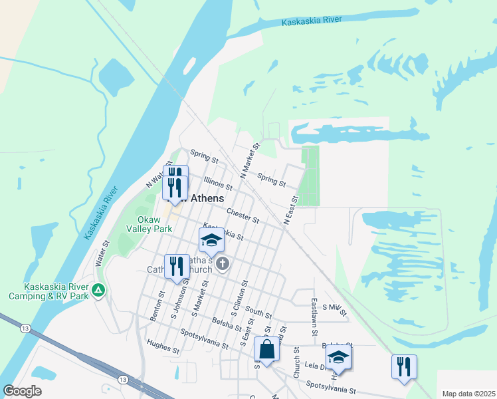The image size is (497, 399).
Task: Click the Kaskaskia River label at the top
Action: click(312, 21)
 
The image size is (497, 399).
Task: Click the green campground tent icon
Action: click(98, 289)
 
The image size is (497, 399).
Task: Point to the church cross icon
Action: click(222, 265)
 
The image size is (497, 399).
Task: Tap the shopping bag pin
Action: click(266, 349)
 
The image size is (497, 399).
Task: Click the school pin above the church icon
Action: click(211, 241)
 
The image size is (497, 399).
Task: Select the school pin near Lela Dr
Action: click(338, 357)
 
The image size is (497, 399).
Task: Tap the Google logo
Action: click(23, 391)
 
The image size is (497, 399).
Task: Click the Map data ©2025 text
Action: click(468, 394)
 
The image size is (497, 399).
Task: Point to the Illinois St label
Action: click(218, 182)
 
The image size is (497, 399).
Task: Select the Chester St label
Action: click(242, 215)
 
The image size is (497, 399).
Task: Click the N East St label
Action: click(290, 210)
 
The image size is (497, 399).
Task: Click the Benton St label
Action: click(157, 306)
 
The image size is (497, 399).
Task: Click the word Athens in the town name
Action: click(207, 198)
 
